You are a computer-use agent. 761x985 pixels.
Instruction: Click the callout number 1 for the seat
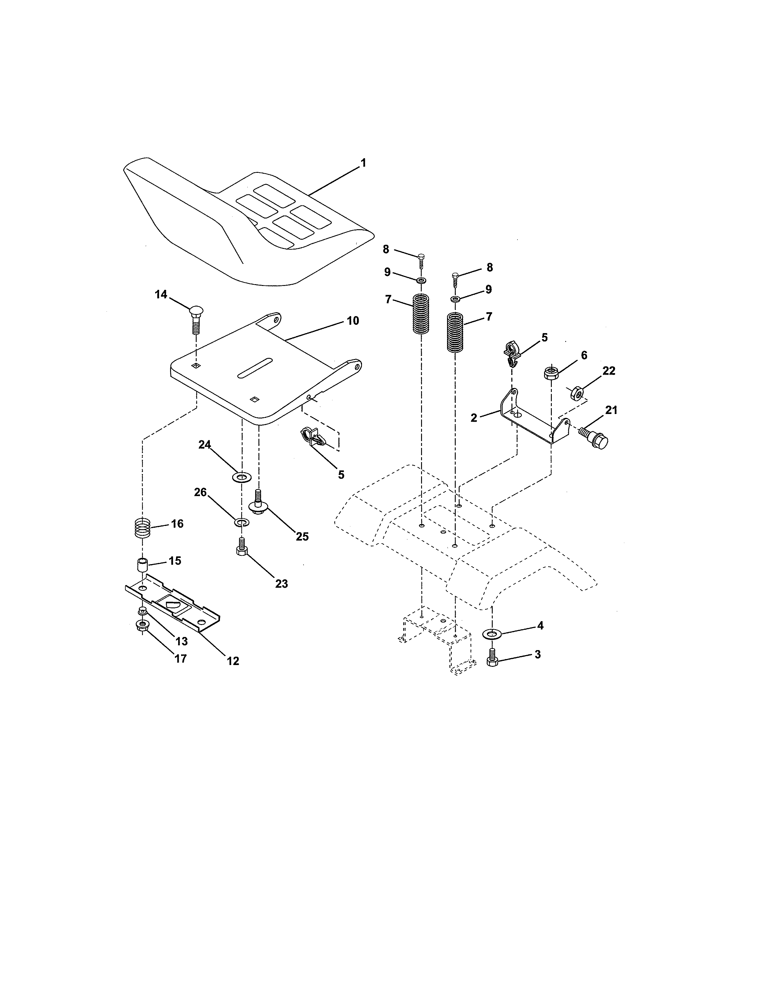(363, 163)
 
